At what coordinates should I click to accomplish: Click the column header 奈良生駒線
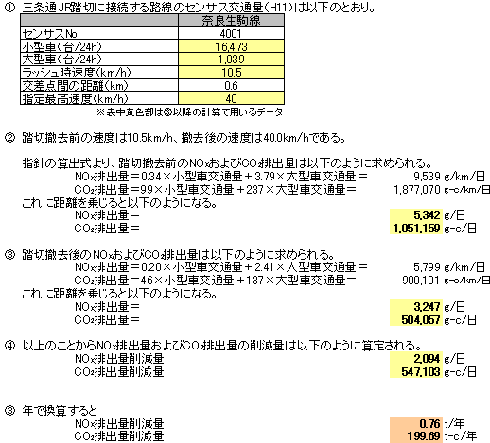(x=231, y=21)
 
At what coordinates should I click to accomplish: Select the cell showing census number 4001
(x=231, y=33)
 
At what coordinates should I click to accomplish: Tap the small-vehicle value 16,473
(x=231, y=46)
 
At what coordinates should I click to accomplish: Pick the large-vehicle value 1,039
(x=231, y=60)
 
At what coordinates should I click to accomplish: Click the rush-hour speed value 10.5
(x=231, y=73)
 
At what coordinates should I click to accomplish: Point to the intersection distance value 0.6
(x=231, y=85)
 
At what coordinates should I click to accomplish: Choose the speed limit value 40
(x=231, y=98)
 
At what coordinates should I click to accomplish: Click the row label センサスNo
(x=49, y=33)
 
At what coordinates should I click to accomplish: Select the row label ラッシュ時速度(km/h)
(x=76, y=73)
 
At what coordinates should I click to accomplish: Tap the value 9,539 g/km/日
(x=449, y=177)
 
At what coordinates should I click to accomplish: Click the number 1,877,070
(x=417, y=190)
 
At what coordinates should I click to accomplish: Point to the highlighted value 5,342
(x=427, y=215)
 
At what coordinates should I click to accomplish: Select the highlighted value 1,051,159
(x=416, y=229)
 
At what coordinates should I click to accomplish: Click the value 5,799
(x=427, y=267)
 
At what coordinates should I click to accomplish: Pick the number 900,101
(x=421, y=281)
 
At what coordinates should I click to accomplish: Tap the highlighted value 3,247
(x=427, y=306)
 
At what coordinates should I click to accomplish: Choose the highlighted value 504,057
(x=421, y=320)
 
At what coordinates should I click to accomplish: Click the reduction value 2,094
(x=427, y=358)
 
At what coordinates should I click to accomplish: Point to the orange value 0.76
(x=429, y=423)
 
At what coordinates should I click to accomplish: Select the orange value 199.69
(x=424, y=436)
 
